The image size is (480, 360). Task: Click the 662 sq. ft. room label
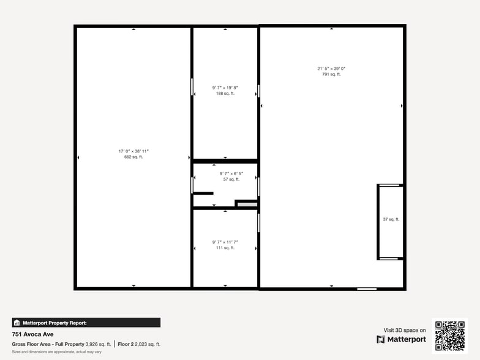[133, 157]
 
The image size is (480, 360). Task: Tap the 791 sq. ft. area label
[331, 74]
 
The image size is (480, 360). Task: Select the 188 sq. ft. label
[225, 93]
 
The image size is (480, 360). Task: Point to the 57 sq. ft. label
[231, 179]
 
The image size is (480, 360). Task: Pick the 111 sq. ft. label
[225, 248]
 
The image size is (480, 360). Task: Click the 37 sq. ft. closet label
[391, 219]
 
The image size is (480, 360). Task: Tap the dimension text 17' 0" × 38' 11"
[133, 151]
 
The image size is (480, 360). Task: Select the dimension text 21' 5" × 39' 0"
[331, 68]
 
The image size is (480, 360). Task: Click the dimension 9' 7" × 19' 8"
[225, 88]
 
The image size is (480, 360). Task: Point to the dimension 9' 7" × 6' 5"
[231, 173]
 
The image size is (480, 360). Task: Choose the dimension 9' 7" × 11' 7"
[225, 242]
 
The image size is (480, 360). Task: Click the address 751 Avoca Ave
[31, 335]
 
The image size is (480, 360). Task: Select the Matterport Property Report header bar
[86, 323]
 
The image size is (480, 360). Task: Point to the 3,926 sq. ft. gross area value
[98, 344]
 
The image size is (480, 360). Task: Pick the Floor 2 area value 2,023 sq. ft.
[148, 344]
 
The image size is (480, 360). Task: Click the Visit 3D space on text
[405, 330]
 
